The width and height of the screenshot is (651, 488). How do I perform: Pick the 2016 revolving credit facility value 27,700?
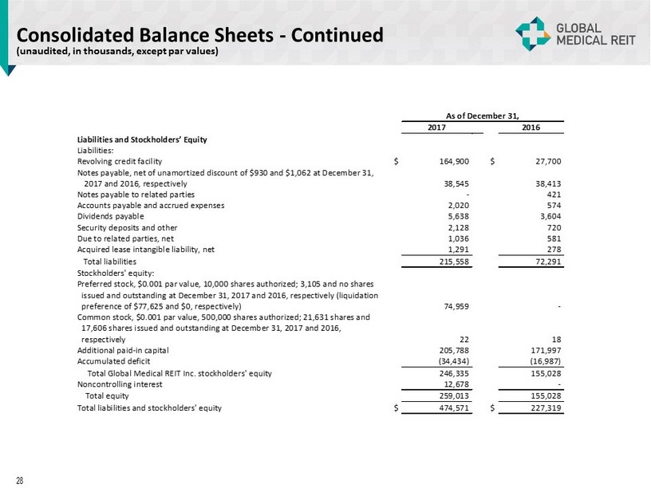[x=546, y=161]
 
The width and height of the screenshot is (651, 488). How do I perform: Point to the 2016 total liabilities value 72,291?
[x=546, y=261]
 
